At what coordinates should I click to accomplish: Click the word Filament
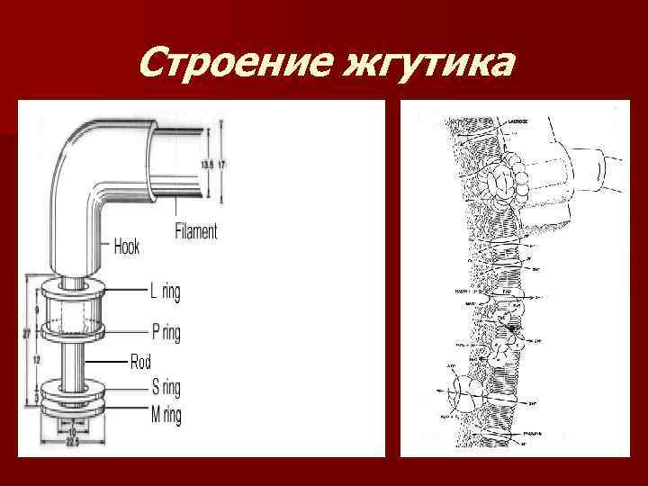click(195, 231)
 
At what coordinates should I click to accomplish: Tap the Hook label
click(127, 246)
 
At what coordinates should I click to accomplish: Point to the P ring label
click(166, 333)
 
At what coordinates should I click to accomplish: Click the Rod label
click(140, 363)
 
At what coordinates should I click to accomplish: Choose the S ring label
click(166, 388)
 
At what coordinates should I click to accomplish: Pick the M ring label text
click(166, 415)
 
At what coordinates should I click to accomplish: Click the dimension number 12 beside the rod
click(37, 358)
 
